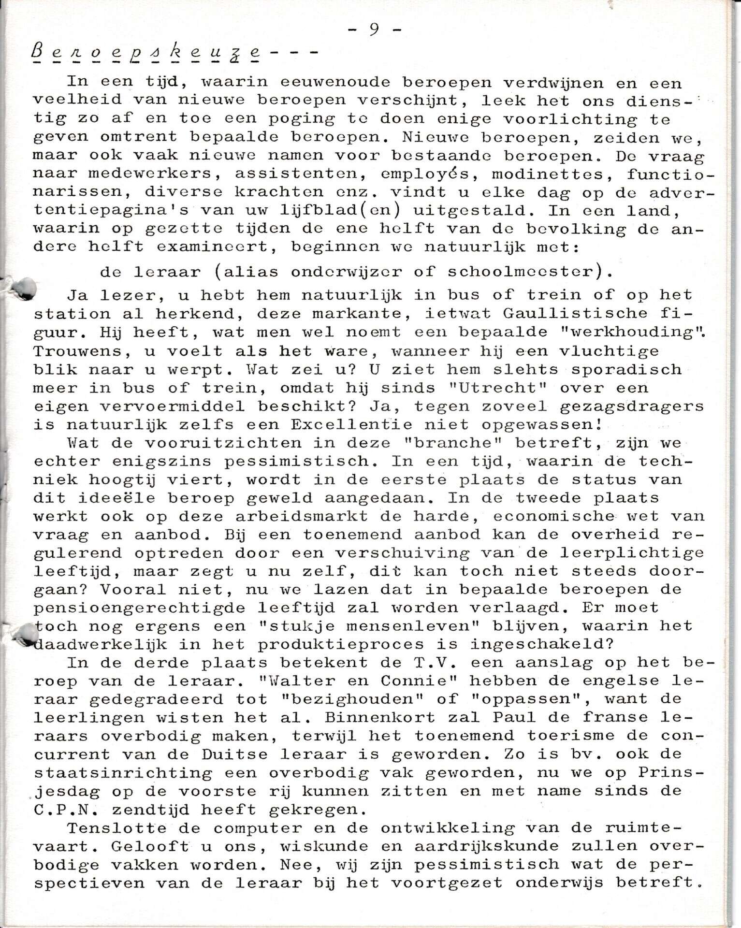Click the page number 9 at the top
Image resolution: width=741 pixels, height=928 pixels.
pyautogui.click(x=374, y=29)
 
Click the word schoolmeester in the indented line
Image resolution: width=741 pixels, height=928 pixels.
pyautogui.click(x=524, y=272)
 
